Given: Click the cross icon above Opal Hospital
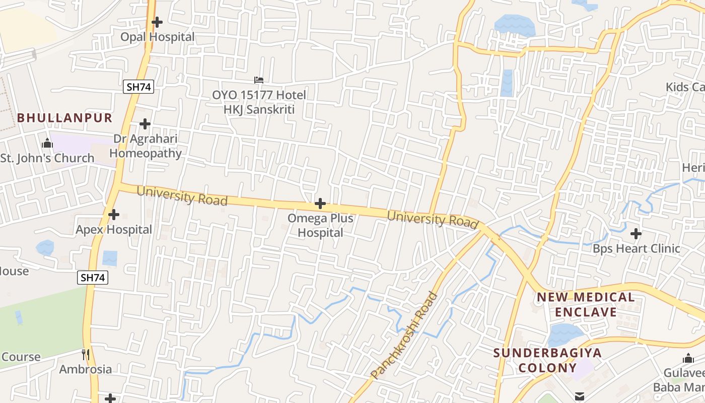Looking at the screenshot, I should (x=157, y=22).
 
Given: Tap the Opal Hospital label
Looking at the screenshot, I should (x=157, y=37).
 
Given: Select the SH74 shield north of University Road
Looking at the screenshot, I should (x=138, y=87).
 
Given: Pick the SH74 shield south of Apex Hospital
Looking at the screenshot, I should (x=93, y=277).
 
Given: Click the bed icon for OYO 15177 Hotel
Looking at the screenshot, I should (x=259, y=80).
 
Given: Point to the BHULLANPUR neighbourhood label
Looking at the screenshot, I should (x=64, y=118).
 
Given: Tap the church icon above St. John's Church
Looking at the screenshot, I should (x=47, y=144).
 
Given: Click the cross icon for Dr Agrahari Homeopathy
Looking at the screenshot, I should (x=145, y=124).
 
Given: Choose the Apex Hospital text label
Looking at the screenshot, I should (x=114, y=230).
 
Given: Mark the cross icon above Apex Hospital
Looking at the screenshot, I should (x=114, y=215).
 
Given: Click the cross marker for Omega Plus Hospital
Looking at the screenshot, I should (x=320, y=204).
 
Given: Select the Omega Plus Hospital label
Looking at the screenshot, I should (x=320, y=226).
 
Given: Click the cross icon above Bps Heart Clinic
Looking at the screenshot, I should (x=636, y=234).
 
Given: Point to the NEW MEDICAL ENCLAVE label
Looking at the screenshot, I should (x=586, y=304).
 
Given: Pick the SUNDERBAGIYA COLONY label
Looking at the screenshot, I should (x=547, y=360).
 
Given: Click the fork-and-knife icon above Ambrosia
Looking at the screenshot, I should (x=86, y=355).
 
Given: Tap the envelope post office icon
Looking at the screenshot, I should (x=580, y=396).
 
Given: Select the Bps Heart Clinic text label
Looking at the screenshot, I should (x=636, y=248).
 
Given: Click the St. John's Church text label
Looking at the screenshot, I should (x=47, y=158).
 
